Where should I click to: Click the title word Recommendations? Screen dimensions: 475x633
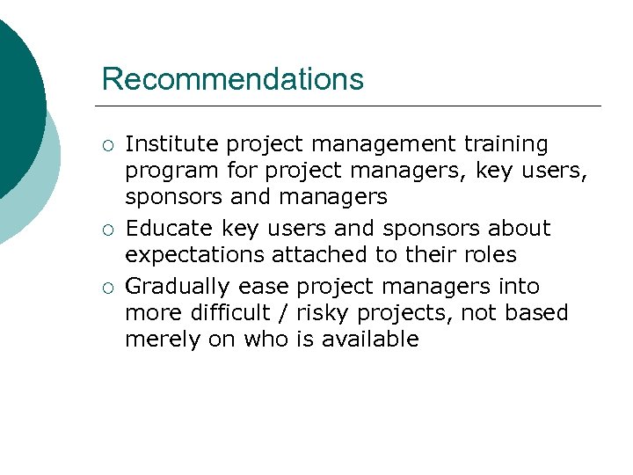(x=232, y=79)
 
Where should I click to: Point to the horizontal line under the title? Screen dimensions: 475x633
(x=352, y=106)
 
